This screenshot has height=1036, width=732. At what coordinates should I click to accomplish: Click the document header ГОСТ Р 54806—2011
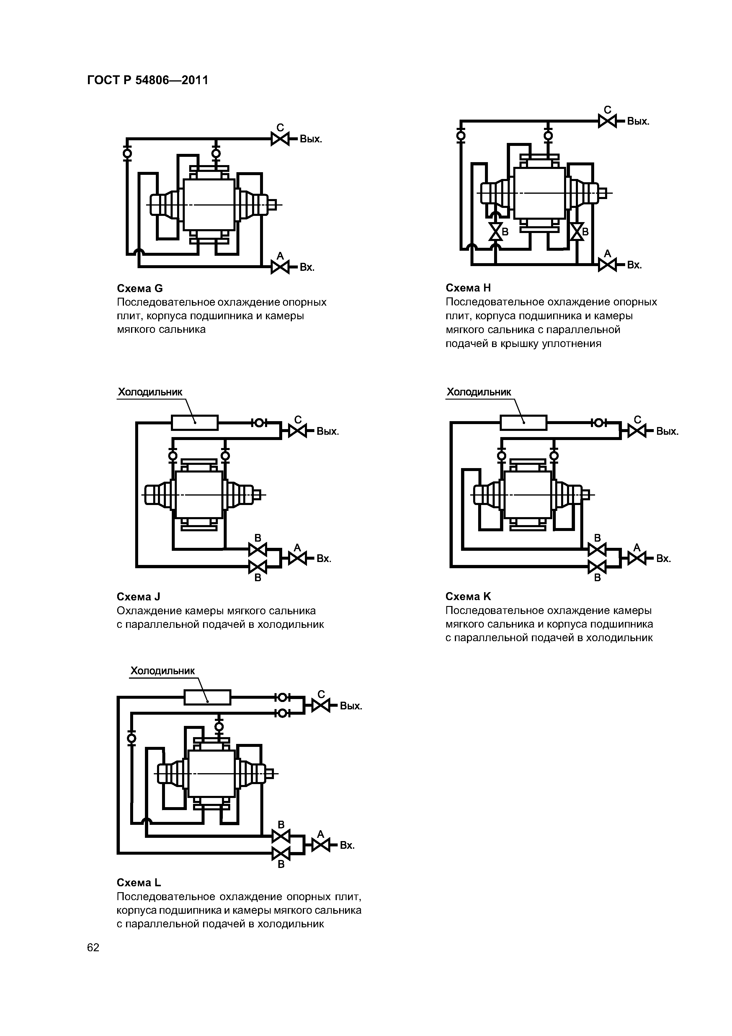(x=148, y=80)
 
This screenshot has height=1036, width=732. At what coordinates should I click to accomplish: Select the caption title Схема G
(x=140, y=288)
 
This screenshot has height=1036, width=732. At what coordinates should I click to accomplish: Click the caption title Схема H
(x=468, y=288)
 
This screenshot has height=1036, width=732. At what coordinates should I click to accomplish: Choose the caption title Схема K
(x=468, y=597)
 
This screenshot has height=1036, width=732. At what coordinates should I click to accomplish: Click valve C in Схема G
(x=280, y=139)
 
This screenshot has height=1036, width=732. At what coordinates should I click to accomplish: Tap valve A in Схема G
(x=280, y=267)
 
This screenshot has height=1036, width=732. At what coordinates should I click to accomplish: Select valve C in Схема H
(x=607, y=121)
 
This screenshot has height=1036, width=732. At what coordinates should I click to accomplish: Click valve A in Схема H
(x=607, y=264)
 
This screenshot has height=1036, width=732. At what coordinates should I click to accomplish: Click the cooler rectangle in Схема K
(x=523, y=423)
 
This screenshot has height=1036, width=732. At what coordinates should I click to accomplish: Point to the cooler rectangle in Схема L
(x=207, y=697)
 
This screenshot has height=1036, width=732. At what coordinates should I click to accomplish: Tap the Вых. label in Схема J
(x=327, y=432)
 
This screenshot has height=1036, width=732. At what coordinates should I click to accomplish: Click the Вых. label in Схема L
(x=351, y=706)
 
